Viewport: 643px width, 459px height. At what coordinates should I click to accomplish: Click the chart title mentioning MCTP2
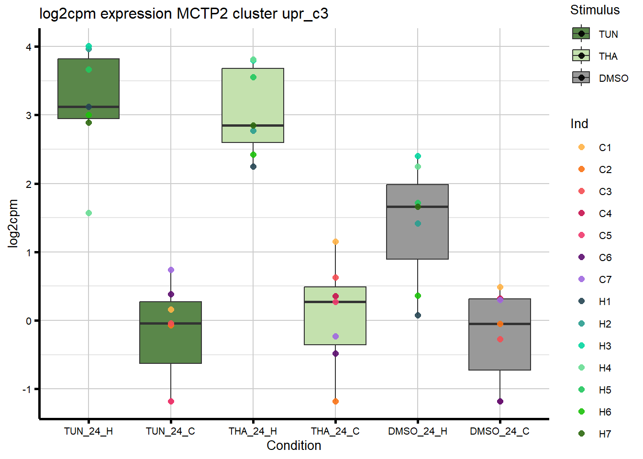pos(184,13)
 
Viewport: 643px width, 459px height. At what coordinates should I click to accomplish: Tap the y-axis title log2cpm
pos(13,223)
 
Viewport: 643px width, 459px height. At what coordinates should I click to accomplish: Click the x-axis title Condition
pos(294,446)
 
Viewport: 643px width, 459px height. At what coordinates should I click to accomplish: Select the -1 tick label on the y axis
pos(27,390)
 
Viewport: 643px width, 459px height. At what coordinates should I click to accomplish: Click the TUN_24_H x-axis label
pos(89,431)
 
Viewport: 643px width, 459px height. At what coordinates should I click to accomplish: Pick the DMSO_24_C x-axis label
pos(499,431)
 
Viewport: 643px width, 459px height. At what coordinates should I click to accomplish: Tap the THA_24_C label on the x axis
pos(335,431)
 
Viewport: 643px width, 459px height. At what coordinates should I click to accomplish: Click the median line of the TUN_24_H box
pos(89,107)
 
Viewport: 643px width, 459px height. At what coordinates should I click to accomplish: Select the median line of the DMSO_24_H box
pos(418,207)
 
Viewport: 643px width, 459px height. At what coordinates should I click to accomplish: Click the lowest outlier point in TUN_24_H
pos(89,213)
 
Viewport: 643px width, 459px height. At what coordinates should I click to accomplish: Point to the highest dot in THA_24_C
pos(335,242)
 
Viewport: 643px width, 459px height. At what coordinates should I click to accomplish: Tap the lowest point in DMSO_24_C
pos(500,402)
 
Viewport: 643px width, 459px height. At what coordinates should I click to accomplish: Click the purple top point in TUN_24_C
pos(171,270)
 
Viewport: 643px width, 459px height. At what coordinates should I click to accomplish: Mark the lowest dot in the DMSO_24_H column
pos(418,316)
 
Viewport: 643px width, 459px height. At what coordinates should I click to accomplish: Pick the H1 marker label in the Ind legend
pos(605,302)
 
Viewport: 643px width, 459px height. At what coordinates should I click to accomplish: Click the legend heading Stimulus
pos(595,10)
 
